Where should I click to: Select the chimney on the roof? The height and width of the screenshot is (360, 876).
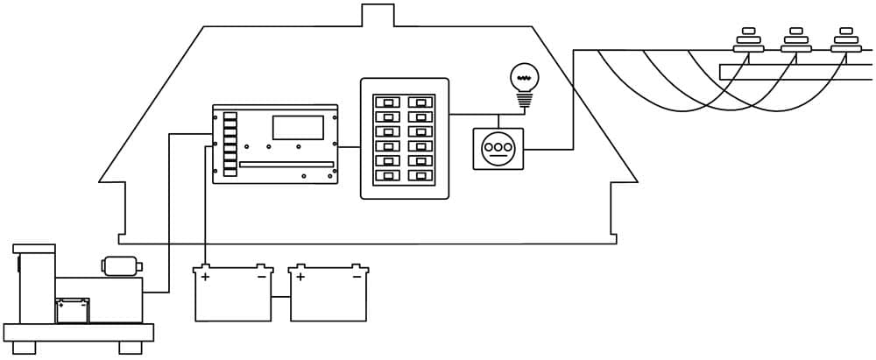point(376,16)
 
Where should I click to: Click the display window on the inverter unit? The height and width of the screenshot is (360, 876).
point(298,128)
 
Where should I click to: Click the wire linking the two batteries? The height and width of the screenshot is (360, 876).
point(280,298)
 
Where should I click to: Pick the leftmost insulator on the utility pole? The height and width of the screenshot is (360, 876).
point(748,40)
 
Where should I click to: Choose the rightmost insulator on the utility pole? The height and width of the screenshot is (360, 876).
point(845,40)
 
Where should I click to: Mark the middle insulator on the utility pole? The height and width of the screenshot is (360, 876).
point(796,40)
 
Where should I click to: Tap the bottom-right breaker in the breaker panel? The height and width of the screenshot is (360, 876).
point(421,176)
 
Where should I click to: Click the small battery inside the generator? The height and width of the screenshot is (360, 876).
point(72,311)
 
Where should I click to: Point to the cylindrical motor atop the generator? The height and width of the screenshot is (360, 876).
point(120,265)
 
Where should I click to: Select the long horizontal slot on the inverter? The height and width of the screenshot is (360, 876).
point(286,164)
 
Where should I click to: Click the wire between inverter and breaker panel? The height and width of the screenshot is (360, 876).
point(350,146)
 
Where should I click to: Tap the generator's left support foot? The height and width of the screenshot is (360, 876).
point(25,348)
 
